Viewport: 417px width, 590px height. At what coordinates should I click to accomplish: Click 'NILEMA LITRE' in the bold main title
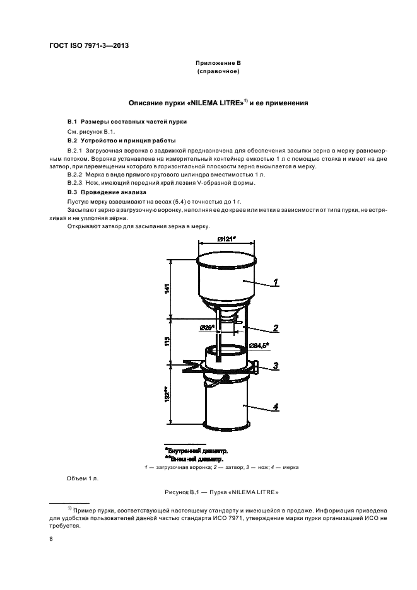(x=216, y=101)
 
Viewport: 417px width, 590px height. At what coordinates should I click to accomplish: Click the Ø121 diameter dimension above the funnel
(x=227, y=238)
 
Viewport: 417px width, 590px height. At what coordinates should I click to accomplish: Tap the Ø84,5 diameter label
(x=259, y=344)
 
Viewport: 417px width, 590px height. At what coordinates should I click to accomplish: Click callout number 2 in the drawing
(x=276, y=328)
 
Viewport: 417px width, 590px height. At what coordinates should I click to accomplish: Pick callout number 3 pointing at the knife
(x=276, y=365)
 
